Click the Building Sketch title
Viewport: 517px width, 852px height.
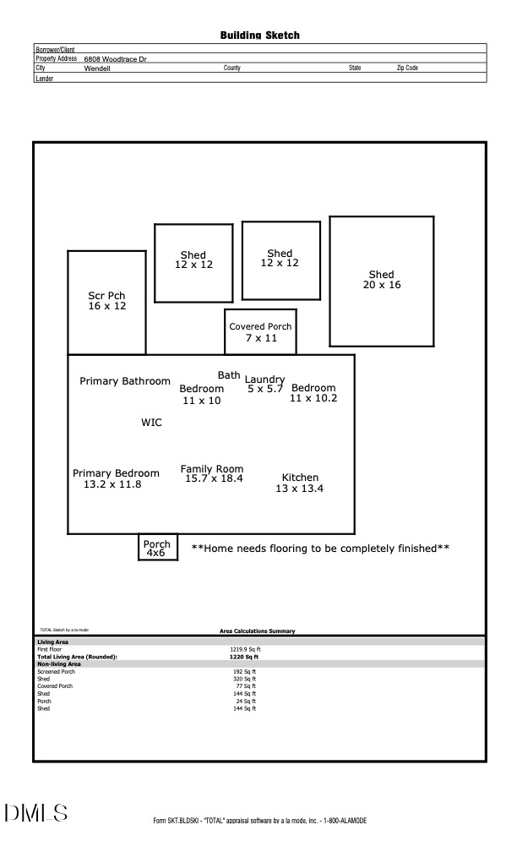[259, 35]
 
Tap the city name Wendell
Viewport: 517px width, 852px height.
[97, 68]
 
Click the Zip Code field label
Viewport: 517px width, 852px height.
[407, 68]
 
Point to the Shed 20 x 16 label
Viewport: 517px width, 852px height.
[381, 280]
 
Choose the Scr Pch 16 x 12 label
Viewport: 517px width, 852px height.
[106, 301]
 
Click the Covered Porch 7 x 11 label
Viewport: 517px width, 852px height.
[260, 332]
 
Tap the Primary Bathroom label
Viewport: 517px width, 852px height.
[125, 381]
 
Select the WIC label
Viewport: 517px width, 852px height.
[151, 423]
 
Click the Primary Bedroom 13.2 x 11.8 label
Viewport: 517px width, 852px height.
[116, 479]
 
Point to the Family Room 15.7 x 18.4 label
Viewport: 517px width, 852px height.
[212, 473]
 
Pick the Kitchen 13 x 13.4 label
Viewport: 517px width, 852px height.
[300, 483]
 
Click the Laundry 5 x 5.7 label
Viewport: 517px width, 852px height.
[264, 385]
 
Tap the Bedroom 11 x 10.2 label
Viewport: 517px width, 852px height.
[313, 393]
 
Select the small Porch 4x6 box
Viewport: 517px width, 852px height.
[157, 548]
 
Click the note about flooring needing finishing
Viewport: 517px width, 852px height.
[320, 549]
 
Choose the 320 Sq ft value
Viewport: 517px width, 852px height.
[244, 679]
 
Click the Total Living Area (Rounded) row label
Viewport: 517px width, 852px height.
[78, 657]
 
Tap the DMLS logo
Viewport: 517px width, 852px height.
[35, 814]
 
